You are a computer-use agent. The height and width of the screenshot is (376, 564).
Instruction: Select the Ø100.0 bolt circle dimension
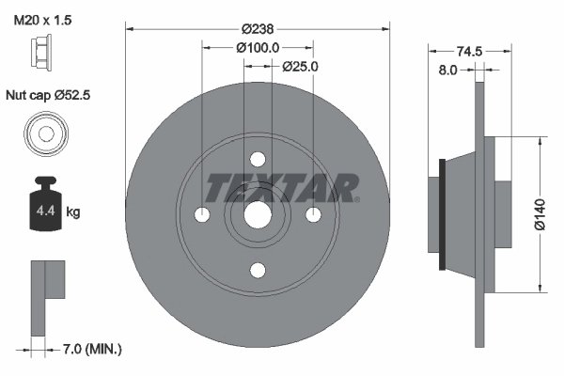point(259,48)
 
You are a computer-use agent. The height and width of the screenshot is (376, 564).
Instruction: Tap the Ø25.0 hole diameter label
point(301,67)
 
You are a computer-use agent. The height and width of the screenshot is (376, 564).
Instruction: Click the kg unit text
point(73,212)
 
